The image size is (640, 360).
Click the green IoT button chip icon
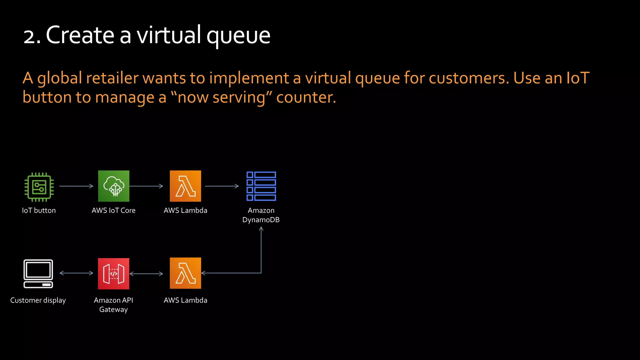pyautogui.click(x=39, y=187)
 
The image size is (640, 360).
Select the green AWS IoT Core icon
pyautogui.click(x=113, y=186)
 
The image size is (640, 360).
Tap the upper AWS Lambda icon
pyautogui.click(x=185, y=186)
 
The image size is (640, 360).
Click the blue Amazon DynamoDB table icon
pyautogui.click(x=261, y=186)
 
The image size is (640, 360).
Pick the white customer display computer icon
pyautogui.click(x=38, y=273)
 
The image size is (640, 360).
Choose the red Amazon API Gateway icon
pyautogui.click(x=113, y=273)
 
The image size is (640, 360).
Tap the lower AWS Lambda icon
pyautogui.click(x=185, y=273)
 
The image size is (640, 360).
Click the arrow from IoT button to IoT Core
pyautogui.click(x=76, y=186)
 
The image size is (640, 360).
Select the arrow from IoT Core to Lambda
pyautogui.click(x=146, y=186)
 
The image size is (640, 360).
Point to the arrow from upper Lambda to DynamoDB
pyautogui.click(x=222, y=186)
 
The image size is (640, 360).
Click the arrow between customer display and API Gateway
pyautogui.click(x=76, y=273)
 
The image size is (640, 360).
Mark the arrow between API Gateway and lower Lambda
pyautogui.click(x=146, y=274)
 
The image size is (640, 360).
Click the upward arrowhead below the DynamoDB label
pyautogui.click(x=261, y=229)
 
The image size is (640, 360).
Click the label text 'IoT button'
pyautogui.click(x=39, y=211)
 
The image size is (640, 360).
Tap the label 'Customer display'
pyautogui.click(x=38, y=300)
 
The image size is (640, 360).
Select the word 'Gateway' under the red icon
pyautogui.click(x=113, y=310)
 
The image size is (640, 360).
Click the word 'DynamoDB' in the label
pyautogui.click(x=261, y=220)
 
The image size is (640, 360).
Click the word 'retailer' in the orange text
pyautogui.click(x=112, y=78)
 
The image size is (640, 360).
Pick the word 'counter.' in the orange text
pyautogui.click(x=306, y=97)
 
